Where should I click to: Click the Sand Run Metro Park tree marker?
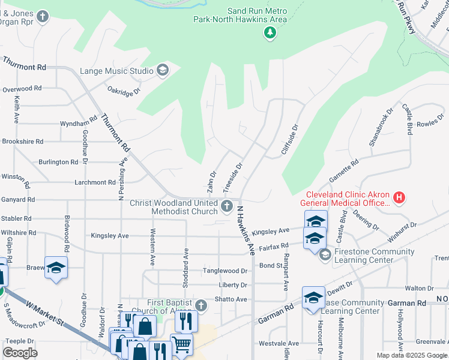270,32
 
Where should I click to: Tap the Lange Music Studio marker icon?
162,71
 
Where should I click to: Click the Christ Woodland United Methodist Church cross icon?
227,207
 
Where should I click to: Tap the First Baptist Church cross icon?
201,306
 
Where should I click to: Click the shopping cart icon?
182,344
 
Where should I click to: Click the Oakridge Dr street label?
124,92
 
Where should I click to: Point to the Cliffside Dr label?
290,140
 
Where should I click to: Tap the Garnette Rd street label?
344,172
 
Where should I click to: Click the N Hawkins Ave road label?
246,230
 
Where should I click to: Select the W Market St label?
44,313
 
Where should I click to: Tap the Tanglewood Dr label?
224,271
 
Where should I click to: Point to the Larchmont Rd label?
94,182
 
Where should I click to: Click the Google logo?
20,353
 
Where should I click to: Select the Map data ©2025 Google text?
411,355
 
